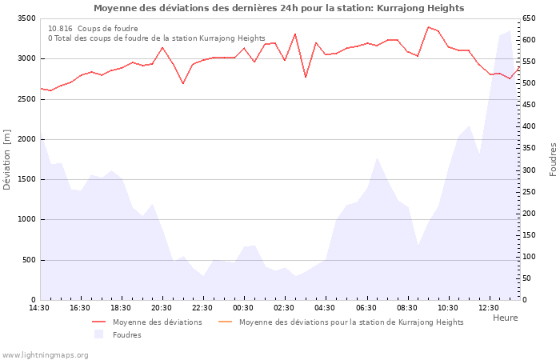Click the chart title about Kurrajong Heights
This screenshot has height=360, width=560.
278,8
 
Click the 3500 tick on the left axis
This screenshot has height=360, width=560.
26,18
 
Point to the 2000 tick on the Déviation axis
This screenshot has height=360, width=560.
26,139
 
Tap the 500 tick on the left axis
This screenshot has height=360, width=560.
28,260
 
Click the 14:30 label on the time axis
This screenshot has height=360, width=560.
40,308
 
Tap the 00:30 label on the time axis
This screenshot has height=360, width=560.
244,308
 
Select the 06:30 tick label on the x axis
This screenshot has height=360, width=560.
366,308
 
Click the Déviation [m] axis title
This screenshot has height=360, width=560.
7,159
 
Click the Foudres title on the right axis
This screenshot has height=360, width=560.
553,159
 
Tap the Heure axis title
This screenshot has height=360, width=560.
505,318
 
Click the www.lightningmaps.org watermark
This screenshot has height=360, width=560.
45,354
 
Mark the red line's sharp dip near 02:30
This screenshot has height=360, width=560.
306,77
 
